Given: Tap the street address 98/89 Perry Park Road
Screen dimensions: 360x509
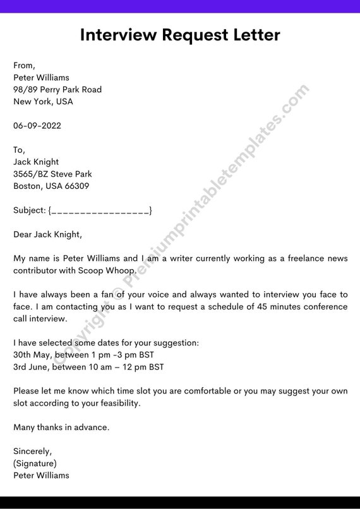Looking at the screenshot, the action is (x=57, y=90).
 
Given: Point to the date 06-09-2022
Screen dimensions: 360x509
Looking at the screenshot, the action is (x=37, y=126).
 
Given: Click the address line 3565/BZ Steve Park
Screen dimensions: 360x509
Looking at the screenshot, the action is (x=52, y=174).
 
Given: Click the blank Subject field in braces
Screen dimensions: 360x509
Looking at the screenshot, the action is (x=100, y=210).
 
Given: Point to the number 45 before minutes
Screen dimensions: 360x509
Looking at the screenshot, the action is (x=263, y=307).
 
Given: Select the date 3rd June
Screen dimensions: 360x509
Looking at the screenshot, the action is (x=31, y=367).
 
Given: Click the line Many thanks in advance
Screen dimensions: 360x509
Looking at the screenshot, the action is (x=61, y=427).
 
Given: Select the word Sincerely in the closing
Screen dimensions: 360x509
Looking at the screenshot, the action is (x=32, y=452).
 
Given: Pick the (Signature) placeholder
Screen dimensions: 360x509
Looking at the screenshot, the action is (x=35, y=464).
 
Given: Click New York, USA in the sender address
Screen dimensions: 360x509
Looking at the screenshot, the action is (x=43, y=102).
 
